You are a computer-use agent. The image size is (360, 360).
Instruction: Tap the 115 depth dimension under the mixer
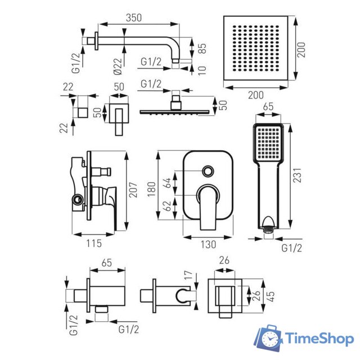tap(94, 244)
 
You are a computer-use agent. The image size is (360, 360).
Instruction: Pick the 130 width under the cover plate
tap(208, 244)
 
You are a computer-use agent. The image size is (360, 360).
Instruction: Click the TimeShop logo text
tap(319, 339)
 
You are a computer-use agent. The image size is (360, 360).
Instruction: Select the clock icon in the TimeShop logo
tap(272, 340)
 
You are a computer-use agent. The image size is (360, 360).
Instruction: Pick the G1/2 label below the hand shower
tap(291, 247)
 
